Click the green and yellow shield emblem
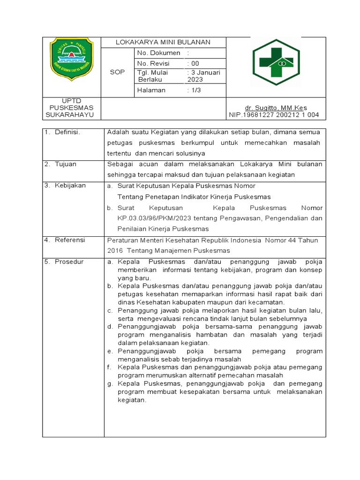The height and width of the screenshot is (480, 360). pyautogui.click(x=72, y=58)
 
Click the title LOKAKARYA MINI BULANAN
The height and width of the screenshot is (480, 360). pyautogui.click(x=163, y=42)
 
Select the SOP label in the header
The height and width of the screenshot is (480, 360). pyautogui.click(x=117, y=72)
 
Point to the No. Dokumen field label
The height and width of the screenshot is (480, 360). pyautogui.click(x=159, y=53)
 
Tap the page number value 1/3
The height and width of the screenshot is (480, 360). pyautogui.click(x=195, y=90)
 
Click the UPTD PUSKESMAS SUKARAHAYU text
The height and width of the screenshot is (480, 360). pyautogui.click(x=72, y=108)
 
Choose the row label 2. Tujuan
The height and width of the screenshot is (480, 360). pyautogui.click(x=60, y=165)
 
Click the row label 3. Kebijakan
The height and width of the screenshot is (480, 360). pyautogui.click(x=65, y=186)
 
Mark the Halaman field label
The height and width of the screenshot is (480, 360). pyautogui.click(x=151, y=90)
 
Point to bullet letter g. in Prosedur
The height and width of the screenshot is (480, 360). pyautogui.click(x=110, y=383)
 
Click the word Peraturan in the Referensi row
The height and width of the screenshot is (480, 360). pyautogui.click(x=123, y=240)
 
